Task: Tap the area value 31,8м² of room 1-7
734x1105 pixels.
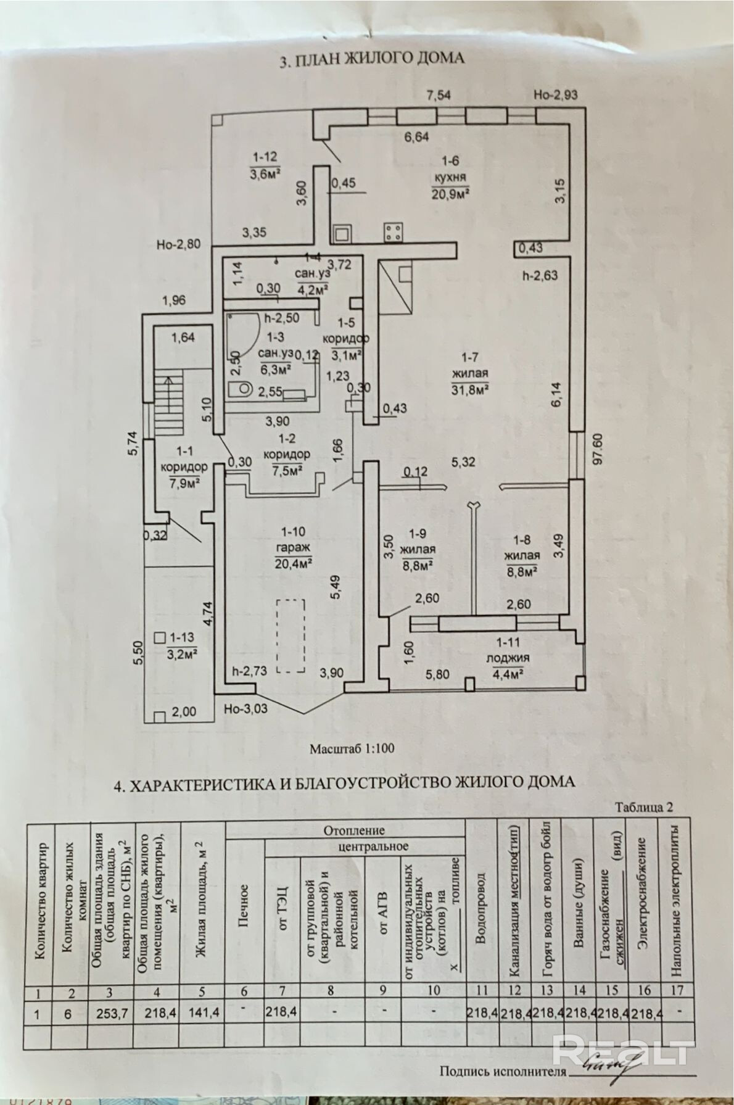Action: pos(470,389)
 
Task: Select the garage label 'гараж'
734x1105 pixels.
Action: pos(292,547)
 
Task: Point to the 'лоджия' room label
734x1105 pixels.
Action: pos(508,658)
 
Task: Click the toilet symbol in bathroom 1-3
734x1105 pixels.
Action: pos(242,389)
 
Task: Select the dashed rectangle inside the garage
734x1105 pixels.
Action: pos(291,636)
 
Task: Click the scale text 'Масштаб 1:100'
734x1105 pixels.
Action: pos(352,748)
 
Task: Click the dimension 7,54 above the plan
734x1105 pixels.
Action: pos(439,95)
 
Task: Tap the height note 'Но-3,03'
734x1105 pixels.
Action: pos(245,708)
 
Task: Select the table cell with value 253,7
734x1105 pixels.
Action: pos(109,1013)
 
